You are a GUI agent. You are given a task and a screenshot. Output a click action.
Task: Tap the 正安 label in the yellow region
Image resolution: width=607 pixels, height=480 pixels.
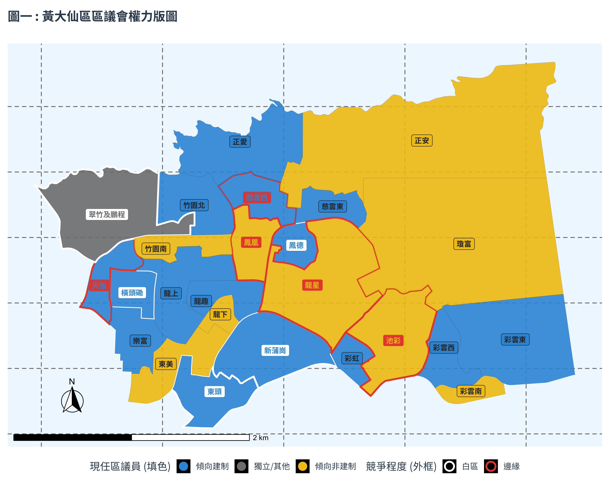point(422,141)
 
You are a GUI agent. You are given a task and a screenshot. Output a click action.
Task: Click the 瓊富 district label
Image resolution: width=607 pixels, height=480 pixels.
point(464,244)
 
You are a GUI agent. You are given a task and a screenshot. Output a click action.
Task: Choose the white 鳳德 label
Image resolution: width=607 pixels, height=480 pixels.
point(296,245)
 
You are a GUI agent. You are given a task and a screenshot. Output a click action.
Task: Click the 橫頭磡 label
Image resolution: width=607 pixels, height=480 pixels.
point(132,293)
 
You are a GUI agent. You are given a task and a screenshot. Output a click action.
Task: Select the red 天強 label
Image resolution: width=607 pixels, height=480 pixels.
point(99,286)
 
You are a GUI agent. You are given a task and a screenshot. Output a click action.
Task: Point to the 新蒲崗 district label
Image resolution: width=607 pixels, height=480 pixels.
point(275,350)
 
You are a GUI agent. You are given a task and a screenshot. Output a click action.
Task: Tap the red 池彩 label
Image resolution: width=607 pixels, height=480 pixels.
point(393,341)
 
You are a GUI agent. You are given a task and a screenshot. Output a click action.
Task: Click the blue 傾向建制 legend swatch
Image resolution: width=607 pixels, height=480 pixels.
point(183,466)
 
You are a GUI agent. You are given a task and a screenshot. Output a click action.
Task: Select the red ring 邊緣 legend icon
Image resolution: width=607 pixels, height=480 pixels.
point(491,466)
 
